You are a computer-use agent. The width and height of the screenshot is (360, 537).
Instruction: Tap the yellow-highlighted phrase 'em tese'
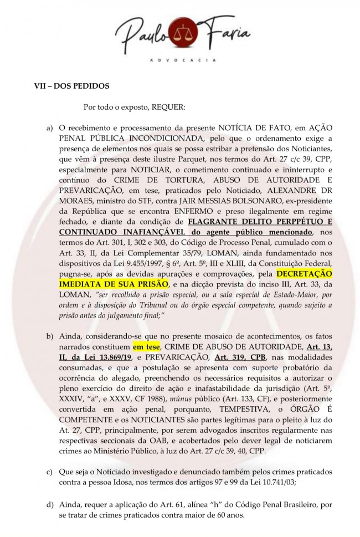(x=145, y=347)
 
